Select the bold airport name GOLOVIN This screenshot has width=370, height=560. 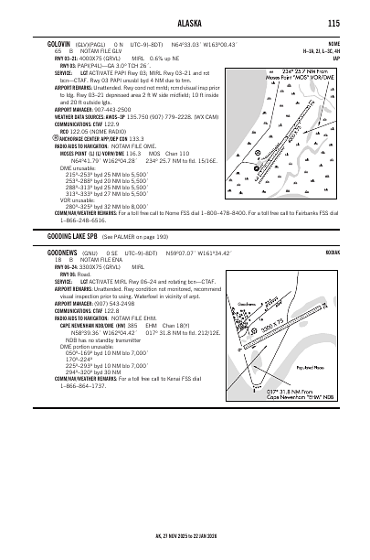pyautogui.click(x=59, y=43)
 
